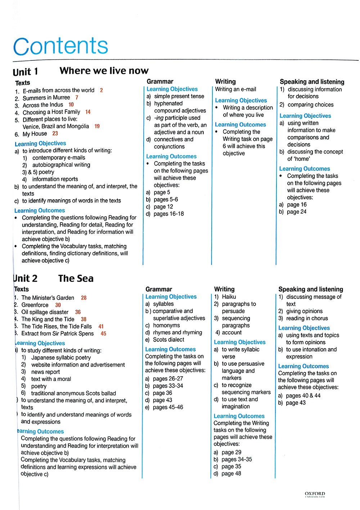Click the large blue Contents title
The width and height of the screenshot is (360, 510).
point(60,46)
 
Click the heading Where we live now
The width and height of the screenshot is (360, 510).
point(104,70)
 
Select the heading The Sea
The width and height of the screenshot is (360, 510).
point(76,278)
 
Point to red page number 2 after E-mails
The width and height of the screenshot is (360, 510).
point(101,90)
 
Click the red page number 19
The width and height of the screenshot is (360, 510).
point(97,126)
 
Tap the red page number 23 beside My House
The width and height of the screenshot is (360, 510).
point(55,133)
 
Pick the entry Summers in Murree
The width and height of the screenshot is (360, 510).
point(46,98)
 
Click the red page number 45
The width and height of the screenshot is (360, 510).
point(103,333)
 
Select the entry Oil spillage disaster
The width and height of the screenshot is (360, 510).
point(45,312)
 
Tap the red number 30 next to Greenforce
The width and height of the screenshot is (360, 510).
point(58,305)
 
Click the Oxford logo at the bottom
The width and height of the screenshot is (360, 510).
point(315,495)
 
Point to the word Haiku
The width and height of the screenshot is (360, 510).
point(229,297)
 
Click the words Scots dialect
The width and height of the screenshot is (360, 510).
point(168,340)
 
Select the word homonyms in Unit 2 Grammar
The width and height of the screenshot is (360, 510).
point(166,325)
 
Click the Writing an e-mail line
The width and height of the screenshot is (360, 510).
point(235,89)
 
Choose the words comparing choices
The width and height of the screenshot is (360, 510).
point(310,105)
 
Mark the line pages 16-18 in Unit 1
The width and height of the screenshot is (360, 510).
point(168,214)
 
